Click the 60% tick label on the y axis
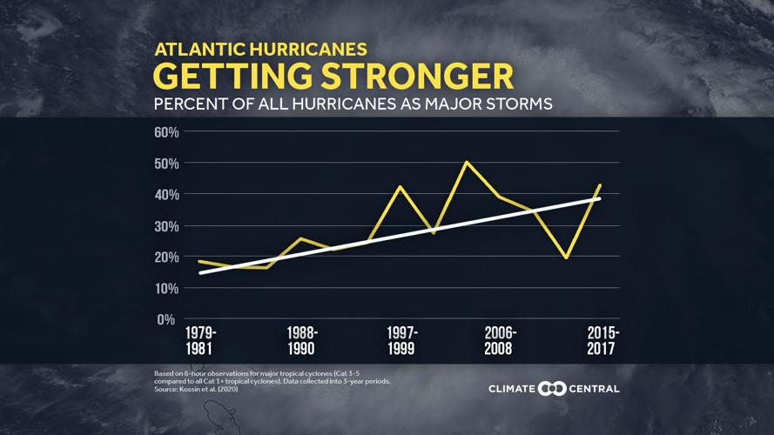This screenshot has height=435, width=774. [166, 132]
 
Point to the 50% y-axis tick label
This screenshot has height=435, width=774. [166, 164]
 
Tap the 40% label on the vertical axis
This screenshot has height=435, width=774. [166, 195]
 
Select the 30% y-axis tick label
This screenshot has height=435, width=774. [166, 226]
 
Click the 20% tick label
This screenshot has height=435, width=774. [166, 258]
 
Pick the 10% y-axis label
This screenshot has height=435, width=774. [166, 289]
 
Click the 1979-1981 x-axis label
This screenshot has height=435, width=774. [201, 341]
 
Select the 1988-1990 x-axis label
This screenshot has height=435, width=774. [301, 341]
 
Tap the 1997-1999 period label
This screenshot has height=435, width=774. [401, 341]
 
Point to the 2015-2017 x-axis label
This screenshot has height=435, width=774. [602, 341]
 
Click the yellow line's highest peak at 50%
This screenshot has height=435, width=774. [467, 162]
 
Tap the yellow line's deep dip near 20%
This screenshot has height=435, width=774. [567, 258]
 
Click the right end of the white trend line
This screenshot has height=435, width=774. [600, 198]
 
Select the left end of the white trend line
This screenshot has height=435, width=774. [200, 273]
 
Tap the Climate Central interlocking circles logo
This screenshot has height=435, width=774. [552, 389]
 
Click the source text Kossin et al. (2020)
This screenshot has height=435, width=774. [209, 389]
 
